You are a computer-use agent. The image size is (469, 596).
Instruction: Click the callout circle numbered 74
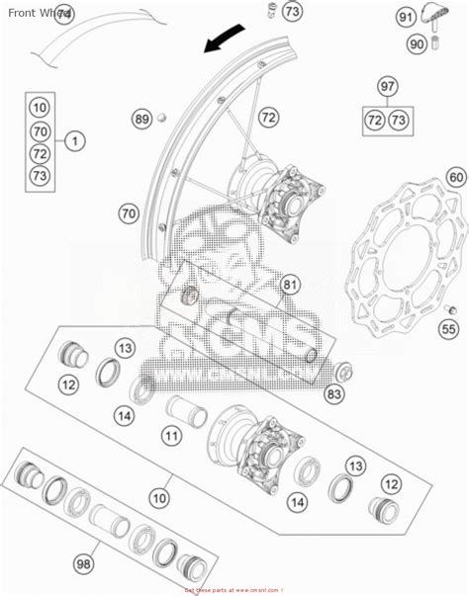(63, 14)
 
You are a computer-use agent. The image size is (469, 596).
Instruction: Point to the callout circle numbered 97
(387, 87)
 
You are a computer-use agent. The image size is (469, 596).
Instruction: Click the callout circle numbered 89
(142, 120)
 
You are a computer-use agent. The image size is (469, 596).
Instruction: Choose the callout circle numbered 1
(73, 142)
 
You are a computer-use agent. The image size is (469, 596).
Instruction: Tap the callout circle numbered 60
(454, 178)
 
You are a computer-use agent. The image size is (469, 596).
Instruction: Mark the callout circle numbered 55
(448, 329)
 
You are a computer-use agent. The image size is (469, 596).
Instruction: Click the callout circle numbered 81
(289, 286)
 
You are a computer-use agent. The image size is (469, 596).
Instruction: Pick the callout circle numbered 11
(172, 435)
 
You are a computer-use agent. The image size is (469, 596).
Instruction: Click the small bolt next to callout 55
(448, 305)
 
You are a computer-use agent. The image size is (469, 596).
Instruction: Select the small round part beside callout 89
(164, 120)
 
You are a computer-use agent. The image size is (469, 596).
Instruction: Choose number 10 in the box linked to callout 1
(40, 107)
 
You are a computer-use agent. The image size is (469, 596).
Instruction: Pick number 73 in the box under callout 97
(398, 120)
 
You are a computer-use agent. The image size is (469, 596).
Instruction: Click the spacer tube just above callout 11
(186, 406)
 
